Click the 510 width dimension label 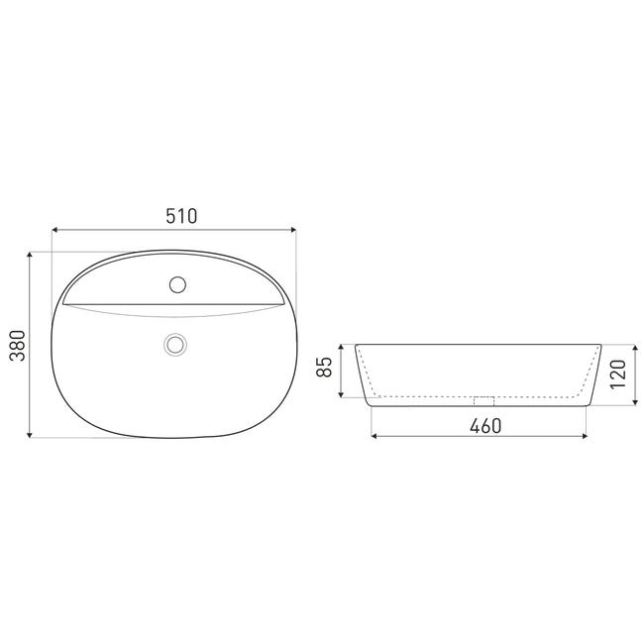point(181,216)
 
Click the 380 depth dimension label point(18,345)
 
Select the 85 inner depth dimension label point(324,367)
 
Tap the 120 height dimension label point(617,375)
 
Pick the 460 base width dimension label point(485,426)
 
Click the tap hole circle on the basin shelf point(177,284)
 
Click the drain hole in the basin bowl point(175,344)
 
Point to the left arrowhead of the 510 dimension point(54,230)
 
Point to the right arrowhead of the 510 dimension point(293,230)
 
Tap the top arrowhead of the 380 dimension point(29,255)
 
